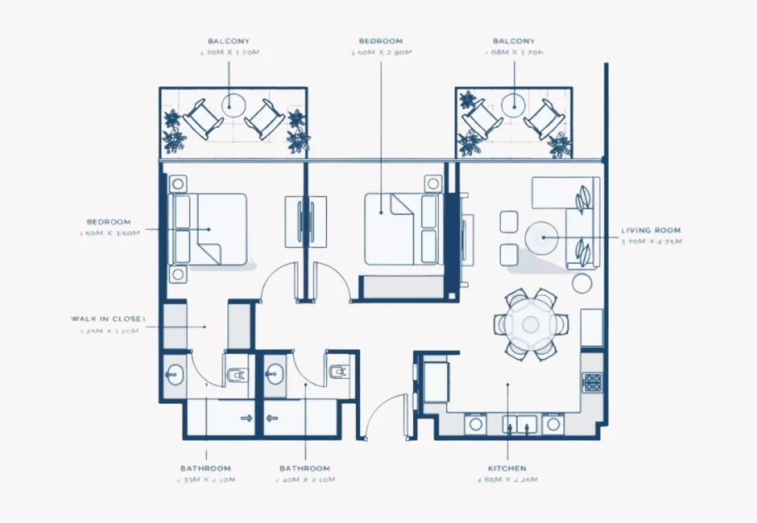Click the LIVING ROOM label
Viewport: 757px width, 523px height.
point(651,230)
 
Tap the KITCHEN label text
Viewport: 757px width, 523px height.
point(507,468)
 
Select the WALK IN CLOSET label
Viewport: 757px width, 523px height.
point(108,319)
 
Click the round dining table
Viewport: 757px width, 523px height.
point(531,324)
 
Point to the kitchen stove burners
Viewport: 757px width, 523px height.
point(592,382)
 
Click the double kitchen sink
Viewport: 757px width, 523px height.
point(521,422)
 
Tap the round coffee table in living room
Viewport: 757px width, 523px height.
point(542,237)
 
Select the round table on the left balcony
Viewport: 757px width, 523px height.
point(234,103)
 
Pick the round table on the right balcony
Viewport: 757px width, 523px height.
point(513,104)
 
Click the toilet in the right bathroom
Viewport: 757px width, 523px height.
point(337,372)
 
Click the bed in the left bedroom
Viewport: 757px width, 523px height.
point(209,229)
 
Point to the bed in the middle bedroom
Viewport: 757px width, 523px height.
point(402,229)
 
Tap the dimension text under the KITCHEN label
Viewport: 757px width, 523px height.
point(507,480)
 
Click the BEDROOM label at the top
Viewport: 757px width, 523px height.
point(381,41)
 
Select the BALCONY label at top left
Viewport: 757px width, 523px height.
point(229,41)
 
